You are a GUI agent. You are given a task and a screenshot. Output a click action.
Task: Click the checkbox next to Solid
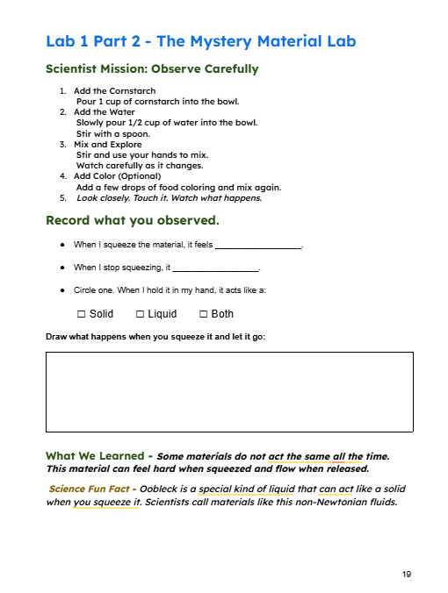tap(81, 314)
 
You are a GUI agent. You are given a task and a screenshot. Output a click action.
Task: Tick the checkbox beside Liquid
tap(141, 314)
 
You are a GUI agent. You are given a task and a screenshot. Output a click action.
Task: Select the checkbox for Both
tap(204, 314)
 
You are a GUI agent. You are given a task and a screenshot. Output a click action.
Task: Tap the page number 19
tap(407, 574)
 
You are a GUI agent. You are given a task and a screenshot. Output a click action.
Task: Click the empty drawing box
tap(228, 391)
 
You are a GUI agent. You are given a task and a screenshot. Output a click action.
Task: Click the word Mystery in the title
tap(196, 41)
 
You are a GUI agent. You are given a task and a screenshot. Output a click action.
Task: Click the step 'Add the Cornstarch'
tap(114, 91)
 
